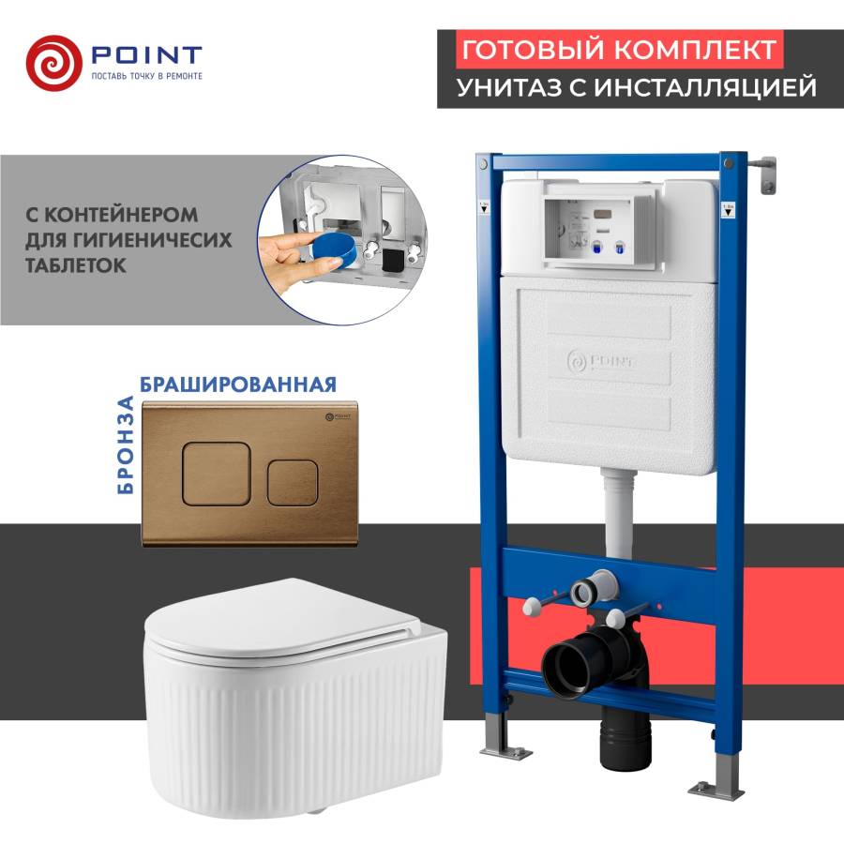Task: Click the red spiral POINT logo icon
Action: pyautogui.click(x=53, y=63)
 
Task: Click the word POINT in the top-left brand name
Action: pyautogui.click(x=146, y=55)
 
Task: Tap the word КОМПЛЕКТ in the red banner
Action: pyautogui.click(x=695, y=50)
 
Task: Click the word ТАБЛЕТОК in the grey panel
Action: pyautogui.click(x=76, y=265)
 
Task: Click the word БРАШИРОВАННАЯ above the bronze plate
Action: pyautogui.click(x=238, y=384)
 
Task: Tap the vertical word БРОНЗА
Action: pyautogui.click(x=125, y=445)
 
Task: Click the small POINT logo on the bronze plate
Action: pyautogui.click(x=338, y=416)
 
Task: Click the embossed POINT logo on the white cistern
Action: pyautogui.click(x=599, y=361)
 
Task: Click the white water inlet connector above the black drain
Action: pyautogui.click(x=594, y=588)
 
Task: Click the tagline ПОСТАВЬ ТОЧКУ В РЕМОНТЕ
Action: pyautogui.click(x=146, y=77)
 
